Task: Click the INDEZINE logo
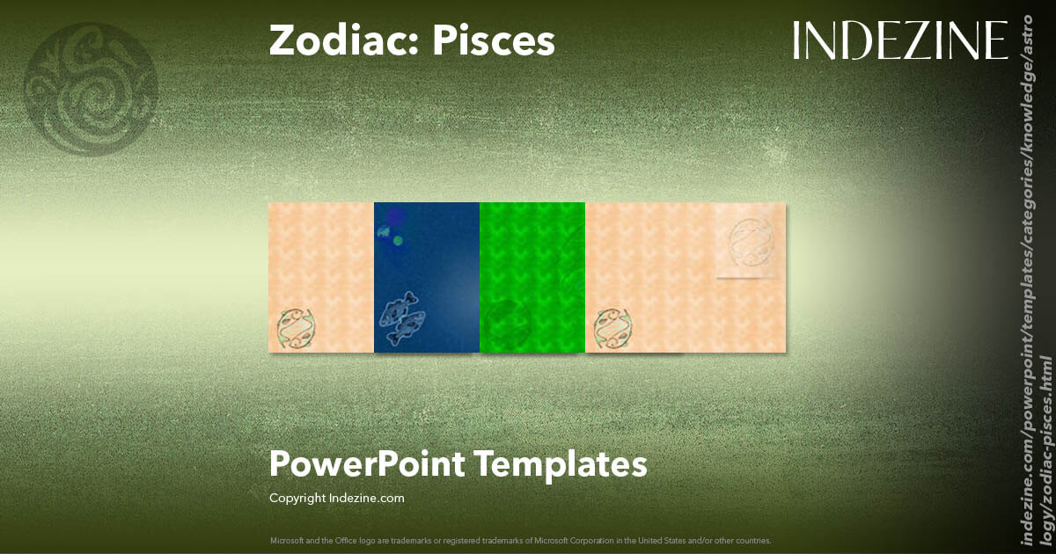(899, 40)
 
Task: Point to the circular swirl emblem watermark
(92, 89)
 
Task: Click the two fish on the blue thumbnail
(401, 317)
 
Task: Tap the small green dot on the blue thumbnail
(398, 240)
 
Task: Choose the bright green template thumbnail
(532, 277)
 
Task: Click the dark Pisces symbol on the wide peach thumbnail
(612, 327)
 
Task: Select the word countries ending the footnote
(751, 540)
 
